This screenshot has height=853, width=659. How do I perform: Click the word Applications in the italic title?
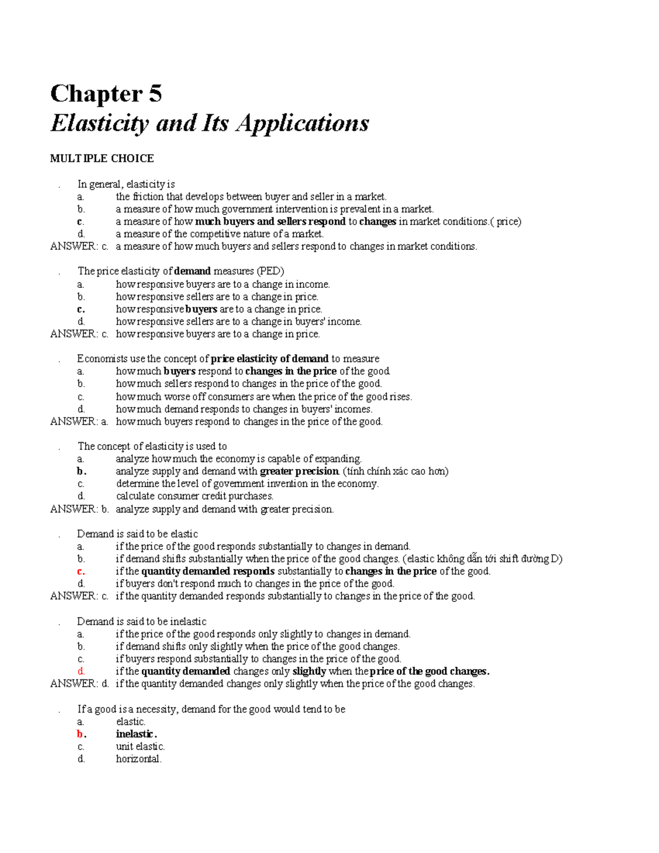[x=303, y=123]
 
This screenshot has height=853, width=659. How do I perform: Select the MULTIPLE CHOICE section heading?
[x=102, y=159]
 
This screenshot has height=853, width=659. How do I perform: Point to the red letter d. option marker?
[x=81, y=671]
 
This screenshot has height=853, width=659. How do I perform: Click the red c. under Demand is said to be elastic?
[x=81, y=571]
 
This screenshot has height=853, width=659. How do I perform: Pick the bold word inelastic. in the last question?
[x=136, y=734]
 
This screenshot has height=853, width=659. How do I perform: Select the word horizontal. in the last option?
[x=138, y=759]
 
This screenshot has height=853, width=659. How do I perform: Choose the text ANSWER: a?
[x=79, y=422]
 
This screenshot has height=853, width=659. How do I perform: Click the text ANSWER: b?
[x=79, y=509]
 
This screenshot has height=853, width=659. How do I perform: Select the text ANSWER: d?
[x=79, y=684]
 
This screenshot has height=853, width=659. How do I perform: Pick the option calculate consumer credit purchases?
[x=194, y=496]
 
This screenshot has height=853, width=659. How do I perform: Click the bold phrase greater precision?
[x=299, y=471]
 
